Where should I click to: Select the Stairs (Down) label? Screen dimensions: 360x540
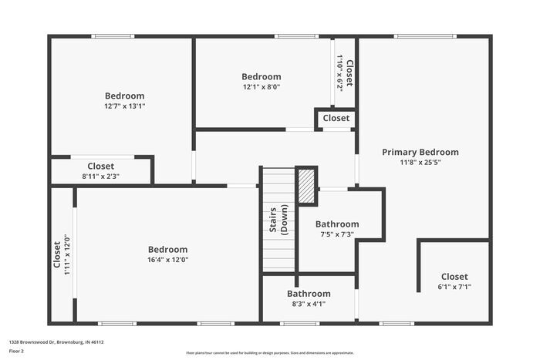click(278, 220)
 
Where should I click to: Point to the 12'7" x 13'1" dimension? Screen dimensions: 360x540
click(124, 106)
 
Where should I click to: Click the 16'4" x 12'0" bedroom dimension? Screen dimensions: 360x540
click(167, 260)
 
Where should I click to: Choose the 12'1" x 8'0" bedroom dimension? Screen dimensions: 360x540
click(261, 87)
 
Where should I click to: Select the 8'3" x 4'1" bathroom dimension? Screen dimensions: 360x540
click(309, 304)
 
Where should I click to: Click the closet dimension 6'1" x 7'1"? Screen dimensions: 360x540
click(454, 287)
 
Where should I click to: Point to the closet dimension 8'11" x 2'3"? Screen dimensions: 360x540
click(100, 177)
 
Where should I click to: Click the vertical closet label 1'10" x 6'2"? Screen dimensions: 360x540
click(339, 72)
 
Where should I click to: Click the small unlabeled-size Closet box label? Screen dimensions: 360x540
click(336, 119)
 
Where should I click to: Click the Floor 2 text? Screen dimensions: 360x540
click(17, 351)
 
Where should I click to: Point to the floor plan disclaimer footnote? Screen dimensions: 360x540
click(269, 352)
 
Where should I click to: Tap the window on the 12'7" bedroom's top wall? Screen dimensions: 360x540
click(113, 36)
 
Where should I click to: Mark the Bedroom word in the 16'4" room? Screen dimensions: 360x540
click(167, 249)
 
